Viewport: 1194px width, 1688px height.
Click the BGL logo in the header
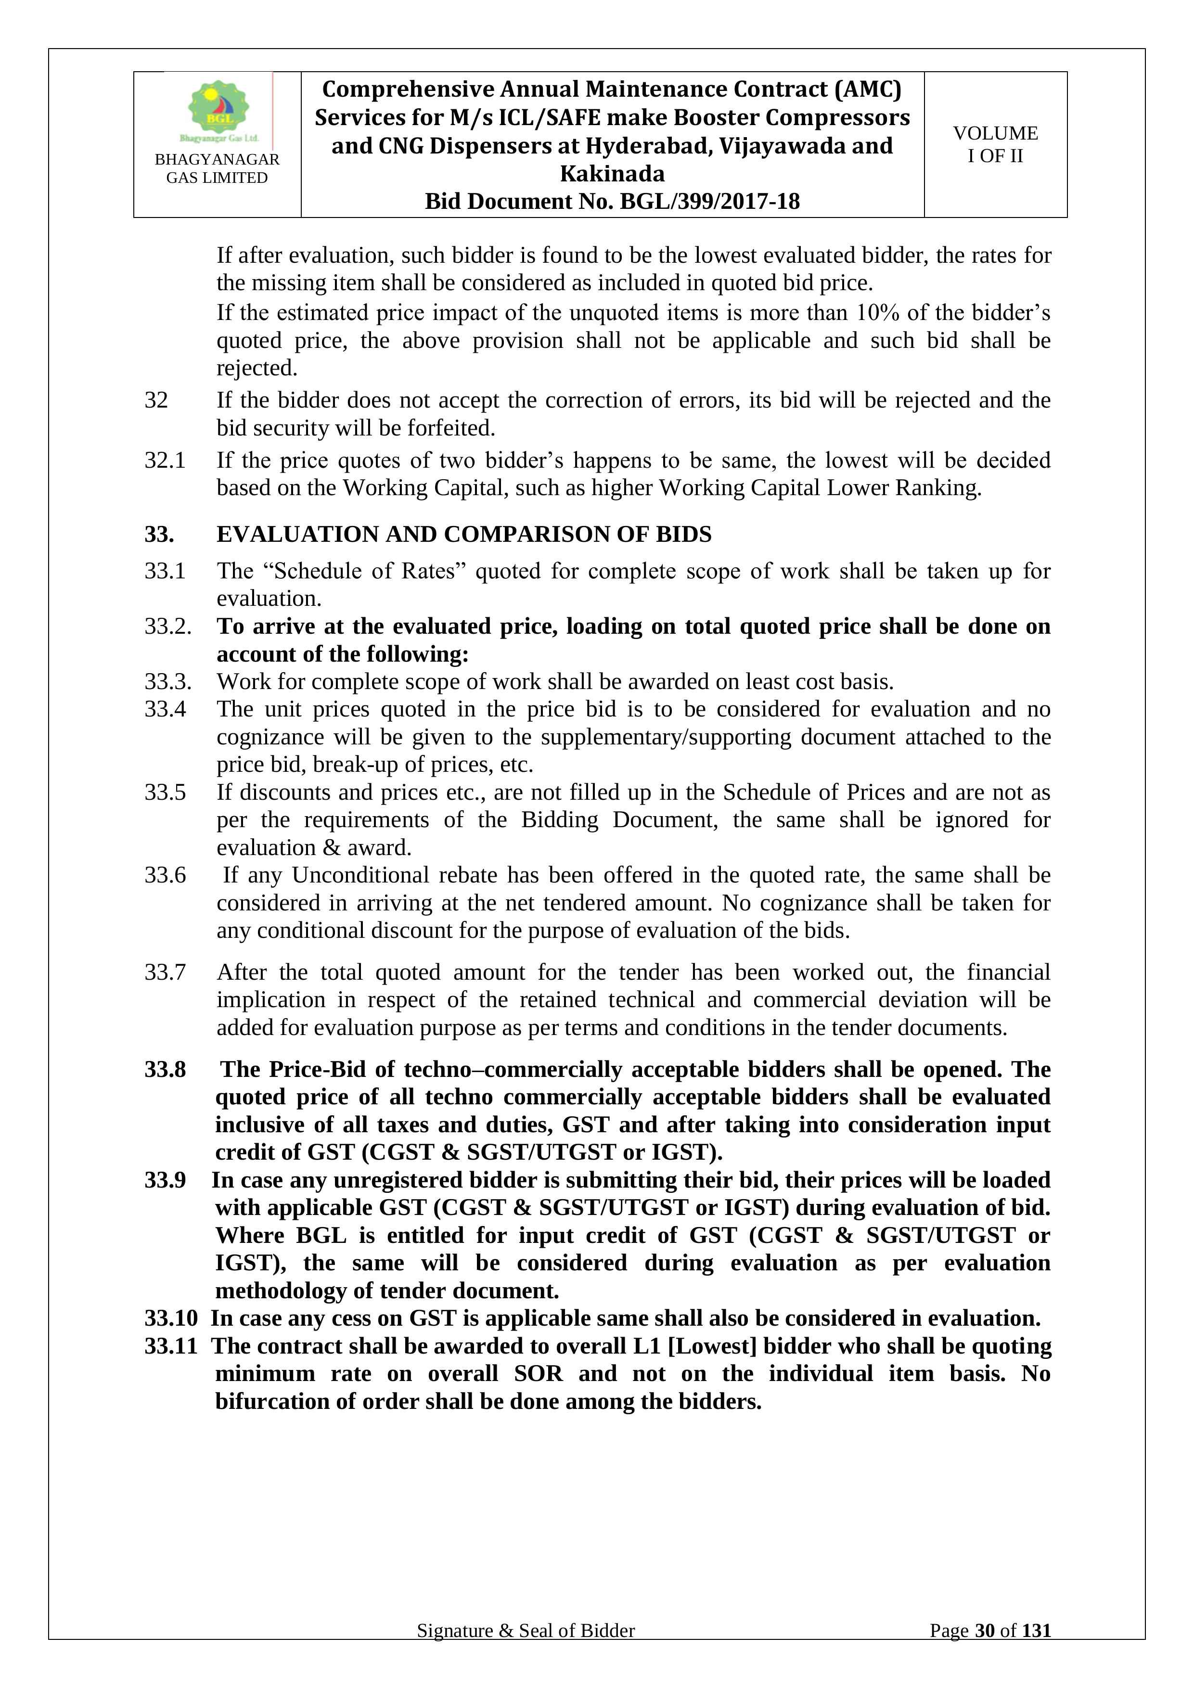click(218, 110)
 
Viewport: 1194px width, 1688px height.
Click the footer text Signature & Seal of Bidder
click(526, 1651)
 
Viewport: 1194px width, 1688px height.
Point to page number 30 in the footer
click(985, 1651)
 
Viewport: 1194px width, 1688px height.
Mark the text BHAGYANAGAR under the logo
click(217, 160)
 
